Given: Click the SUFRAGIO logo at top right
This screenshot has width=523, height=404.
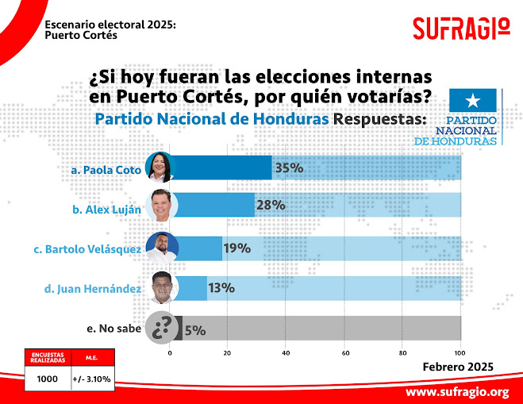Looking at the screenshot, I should coord(461,29).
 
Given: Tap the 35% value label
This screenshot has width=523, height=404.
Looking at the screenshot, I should coord(290,168).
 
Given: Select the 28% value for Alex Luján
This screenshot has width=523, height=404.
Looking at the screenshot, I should coord(270,205).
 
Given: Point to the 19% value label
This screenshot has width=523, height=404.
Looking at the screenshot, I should coord(237,248).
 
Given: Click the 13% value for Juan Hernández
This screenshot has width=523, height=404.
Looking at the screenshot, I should coord(221,287).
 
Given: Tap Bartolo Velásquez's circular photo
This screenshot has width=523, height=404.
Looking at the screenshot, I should coord(162,248).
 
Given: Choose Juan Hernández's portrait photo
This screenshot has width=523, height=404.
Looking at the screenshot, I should coord(163,287).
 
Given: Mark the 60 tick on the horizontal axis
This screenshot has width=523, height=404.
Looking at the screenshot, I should coord(344,352).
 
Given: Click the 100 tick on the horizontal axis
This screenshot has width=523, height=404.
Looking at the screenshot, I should coord(460,352).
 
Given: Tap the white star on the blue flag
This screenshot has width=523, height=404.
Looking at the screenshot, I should coord(473,100).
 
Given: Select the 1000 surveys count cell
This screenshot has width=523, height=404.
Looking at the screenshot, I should coord(48,379).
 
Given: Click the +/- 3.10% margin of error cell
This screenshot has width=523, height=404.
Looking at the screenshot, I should coord(91,379).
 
